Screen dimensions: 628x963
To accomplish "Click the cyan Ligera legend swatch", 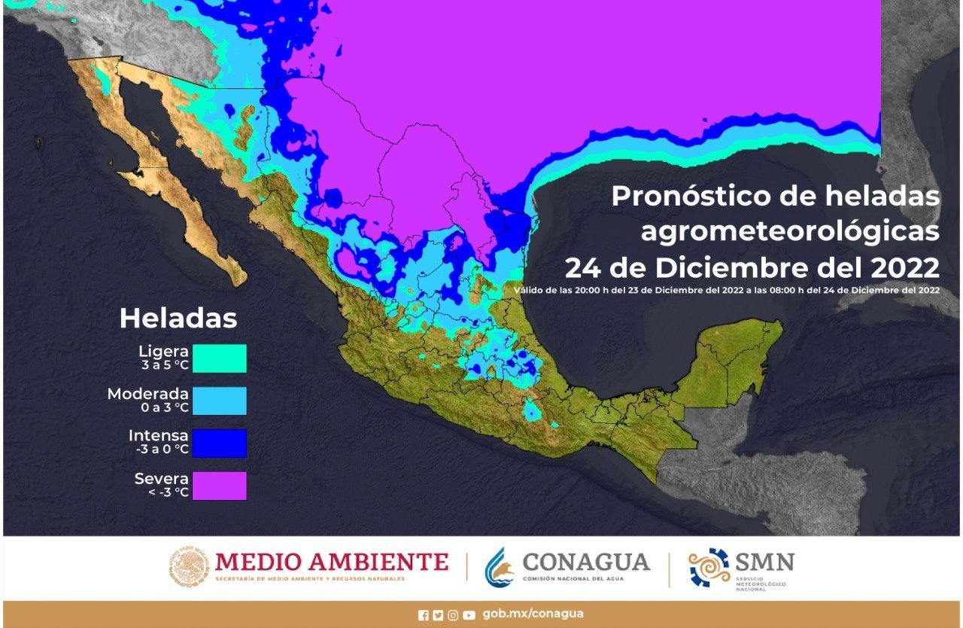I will [219, 358].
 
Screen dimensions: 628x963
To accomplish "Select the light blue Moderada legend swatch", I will [219, 401].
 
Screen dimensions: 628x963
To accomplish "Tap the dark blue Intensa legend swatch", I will [219, 443].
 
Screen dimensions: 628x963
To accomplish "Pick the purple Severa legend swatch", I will [219, 486].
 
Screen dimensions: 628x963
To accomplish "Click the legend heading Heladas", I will [178, 318].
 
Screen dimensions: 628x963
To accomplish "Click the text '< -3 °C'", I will [166, 492].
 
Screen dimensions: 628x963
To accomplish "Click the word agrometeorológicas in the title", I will [790, 232].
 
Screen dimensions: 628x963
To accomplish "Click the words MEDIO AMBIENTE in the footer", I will [332, 562].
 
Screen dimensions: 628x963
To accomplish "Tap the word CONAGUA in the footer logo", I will [586, 562].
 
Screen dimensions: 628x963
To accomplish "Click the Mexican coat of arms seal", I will [187, 566].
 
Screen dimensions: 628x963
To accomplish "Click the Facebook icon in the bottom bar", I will [424, 615].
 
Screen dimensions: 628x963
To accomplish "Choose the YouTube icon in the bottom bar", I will [469, 615].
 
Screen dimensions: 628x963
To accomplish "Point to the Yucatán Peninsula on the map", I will [734, 354].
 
